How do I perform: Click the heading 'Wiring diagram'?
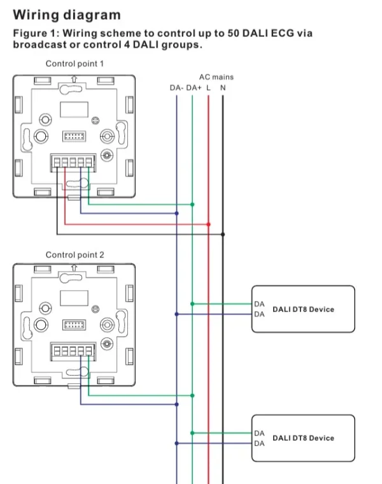tap(67, 14)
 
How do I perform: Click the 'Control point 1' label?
tap(74, 64)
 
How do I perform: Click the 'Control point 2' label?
tap(74, 254)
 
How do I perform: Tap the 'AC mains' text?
tap(216, 77)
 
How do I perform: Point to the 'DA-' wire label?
tap(176, 87)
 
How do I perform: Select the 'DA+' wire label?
tap(194, 87)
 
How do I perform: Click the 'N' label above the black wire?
tap(222, 87)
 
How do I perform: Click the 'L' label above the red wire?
tap(209, 87)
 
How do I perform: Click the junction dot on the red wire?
tap(209, 224)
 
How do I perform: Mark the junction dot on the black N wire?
tap(222, 234)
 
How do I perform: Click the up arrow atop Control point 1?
tap(74, 80)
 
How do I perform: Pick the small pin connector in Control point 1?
tap(74, 136)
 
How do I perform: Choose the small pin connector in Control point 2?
tap(74, 325)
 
